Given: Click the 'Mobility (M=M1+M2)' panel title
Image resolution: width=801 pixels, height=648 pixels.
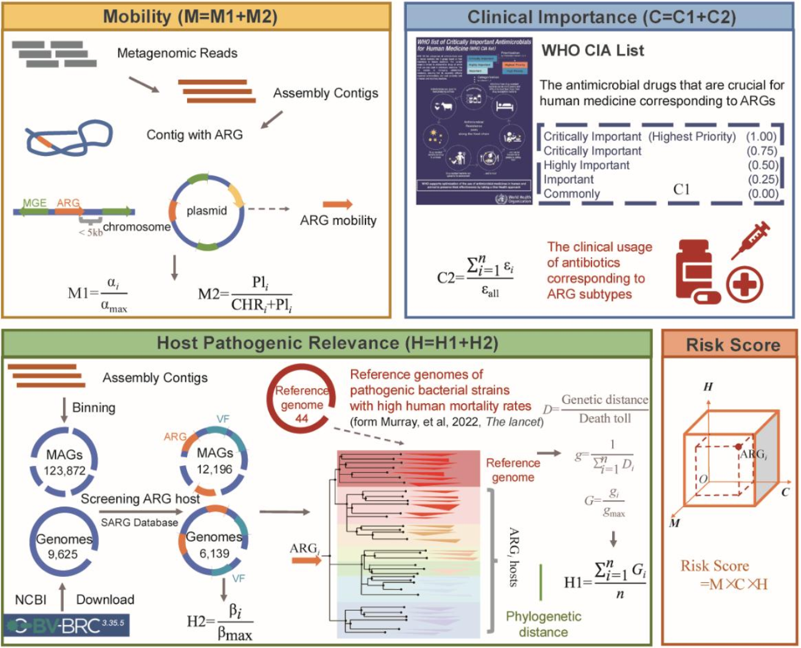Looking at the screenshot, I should [x=190, y=16].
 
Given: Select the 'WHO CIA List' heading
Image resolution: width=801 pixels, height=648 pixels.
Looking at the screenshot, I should [x=592, y=51].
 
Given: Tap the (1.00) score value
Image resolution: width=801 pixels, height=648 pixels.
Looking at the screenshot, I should [x=761, y=137].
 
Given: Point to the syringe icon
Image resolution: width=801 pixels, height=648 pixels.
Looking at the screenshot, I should [x=751, y=240].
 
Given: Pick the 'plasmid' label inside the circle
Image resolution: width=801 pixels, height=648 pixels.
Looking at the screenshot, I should [x=206, y=211].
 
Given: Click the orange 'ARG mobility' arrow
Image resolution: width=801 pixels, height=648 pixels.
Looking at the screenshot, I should [x=338, y=205].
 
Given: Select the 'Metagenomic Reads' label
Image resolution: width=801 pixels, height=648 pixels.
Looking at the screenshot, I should [x=177, y=53].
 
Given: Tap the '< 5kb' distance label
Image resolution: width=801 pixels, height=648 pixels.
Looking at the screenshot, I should [x=90, y=233].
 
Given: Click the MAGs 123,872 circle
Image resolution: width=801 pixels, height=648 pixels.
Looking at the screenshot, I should [x=64, y=462].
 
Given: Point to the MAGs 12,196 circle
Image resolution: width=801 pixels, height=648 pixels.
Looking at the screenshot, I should [x=214, y=460].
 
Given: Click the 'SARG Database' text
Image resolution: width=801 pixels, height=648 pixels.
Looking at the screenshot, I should [x=140, y=522].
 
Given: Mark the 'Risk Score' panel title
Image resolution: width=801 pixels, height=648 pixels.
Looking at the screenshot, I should [x=732, y=346].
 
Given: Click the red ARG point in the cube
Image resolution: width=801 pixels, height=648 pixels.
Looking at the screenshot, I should [x=737, y=447].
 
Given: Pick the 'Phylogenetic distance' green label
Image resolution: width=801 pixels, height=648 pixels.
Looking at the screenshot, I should [x=544, y=624].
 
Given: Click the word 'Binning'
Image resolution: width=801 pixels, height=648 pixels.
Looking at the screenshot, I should [x=94, y=408].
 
